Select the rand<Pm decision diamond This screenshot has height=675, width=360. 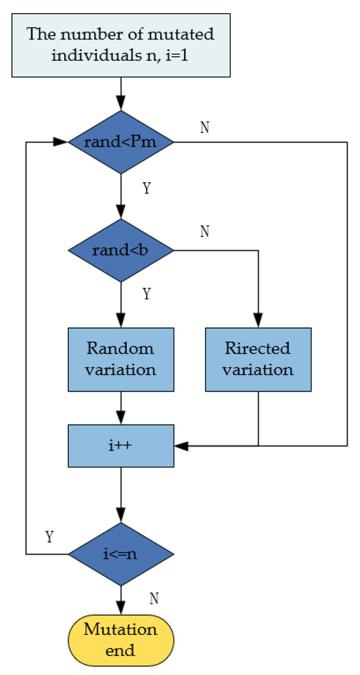121,142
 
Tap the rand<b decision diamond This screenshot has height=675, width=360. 121,250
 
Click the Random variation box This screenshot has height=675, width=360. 121,359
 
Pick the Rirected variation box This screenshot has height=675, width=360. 258,359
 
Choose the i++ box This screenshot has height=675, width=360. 121,446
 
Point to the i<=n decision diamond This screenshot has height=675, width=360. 121,554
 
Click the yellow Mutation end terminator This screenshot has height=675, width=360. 121,640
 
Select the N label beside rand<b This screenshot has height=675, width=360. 205,232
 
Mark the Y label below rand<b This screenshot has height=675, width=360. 147,295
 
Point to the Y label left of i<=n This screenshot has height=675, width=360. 49,537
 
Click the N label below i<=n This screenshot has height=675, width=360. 155,598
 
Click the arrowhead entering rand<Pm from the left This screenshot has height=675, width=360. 63,142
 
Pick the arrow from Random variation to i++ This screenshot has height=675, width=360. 121,408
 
